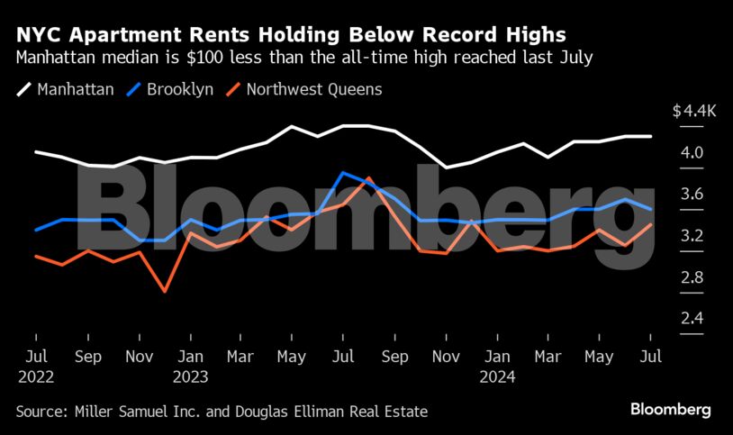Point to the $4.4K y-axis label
click(x=694, y=111)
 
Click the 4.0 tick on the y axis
click(x=691, y=153)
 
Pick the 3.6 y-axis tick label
click(x=691, y=195)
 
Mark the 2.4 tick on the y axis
click(x=691, y=319)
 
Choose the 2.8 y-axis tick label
click(x=691, y=277)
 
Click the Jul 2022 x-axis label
click(x=36, y=366)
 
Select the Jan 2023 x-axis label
click(x=190, y=366)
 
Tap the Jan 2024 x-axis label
click(x=498, y=366)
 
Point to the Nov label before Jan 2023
click(x=139, y=357)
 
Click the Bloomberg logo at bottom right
click(x=670, y=410)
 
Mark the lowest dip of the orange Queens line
click(x=165, y=291)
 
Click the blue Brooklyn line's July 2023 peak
click(x=343, y=172)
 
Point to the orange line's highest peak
click(x=368, y=178)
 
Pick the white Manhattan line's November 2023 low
click(x=447, y=167)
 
